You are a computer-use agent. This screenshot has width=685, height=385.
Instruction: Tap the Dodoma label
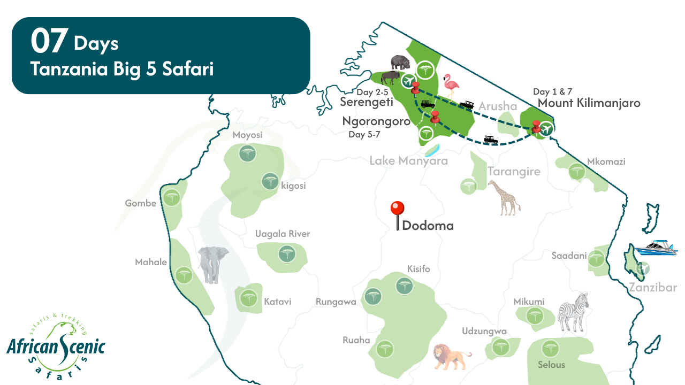click(428, 226)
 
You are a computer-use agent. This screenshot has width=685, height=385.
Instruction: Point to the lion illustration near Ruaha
click(451, 356)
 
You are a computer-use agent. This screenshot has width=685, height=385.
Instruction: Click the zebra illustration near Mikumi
click(574, 311)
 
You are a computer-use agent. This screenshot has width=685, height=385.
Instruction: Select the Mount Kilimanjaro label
click(589, 103)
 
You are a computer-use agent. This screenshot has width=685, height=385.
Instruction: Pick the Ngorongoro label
click(376, 121)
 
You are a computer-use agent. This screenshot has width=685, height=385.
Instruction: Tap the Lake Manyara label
click(408, 160)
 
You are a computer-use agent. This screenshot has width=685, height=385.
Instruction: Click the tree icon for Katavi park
click(247, 298)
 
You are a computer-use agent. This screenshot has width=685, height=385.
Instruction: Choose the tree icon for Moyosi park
click(247, 154)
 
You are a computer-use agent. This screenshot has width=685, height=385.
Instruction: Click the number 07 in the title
click(49, 42)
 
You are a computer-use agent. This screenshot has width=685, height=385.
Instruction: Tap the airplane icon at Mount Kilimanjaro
click(546, 128)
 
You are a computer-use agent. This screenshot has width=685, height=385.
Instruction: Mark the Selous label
click(551, 365)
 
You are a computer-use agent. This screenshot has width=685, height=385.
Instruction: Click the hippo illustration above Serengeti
click(400, 63)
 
